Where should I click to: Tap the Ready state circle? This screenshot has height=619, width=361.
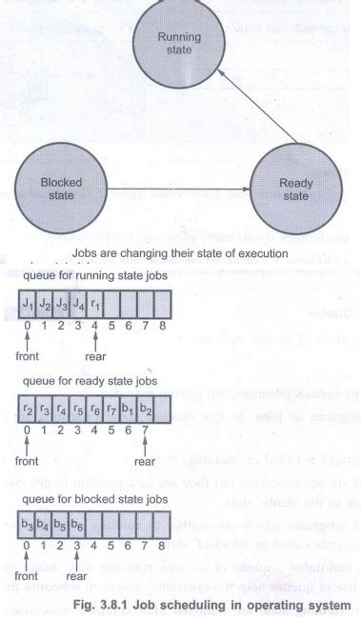click(x=295, y=190)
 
